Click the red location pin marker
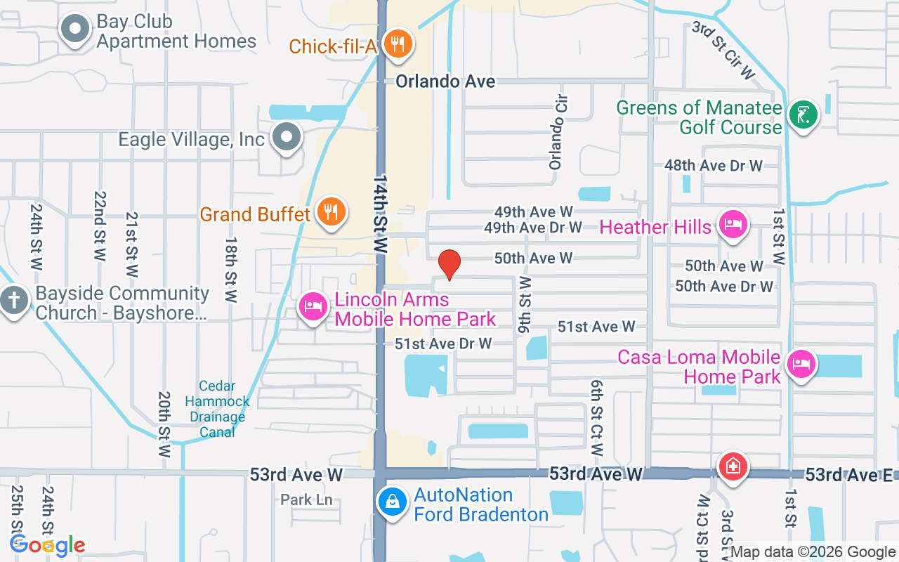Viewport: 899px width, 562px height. coord(449,265)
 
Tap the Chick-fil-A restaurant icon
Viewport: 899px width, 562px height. coord(398,44)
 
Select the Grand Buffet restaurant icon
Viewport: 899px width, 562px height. coord(329,211)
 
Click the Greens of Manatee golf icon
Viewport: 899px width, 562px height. coord(802,115)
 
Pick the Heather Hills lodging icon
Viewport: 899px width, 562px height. coord(733,225)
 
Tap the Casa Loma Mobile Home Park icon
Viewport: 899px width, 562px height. coord(801,364)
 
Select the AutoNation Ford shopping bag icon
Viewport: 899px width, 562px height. coord(392,502)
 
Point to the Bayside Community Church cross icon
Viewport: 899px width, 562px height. coord(13,301)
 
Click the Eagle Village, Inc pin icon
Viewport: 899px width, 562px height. coord(287,137)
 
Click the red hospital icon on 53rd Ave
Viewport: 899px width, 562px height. coord(733,466)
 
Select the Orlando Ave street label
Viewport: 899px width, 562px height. coord(445,81)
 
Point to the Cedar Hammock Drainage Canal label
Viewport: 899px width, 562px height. coord(217,409)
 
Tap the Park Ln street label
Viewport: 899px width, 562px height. coord(306,500)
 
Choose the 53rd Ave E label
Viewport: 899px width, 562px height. coord(848,475)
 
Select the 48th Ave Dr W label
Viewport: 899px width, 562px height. coord(714,166)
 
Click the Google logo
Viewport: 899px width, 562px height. coord(48,544)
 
